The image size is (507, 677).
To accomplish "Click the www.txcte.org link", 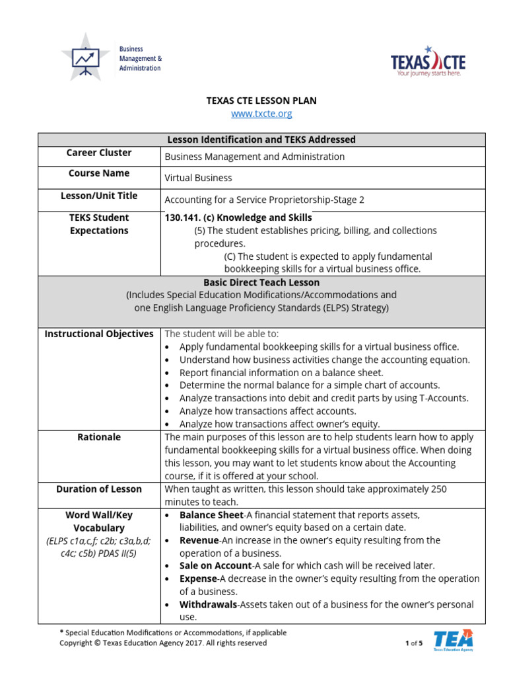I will click(x=261, y=114).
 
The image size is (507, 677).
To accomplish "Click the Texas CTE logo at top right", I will click(x=428, y=61).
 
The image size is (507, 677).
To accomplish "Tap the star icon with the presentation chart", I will click(x=85, y=58).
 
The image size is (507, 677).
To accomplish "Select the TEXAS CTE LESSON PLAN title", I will click(x=261, y=100).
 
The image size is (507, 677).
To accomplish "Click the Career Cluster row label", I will click(x=99, y=153).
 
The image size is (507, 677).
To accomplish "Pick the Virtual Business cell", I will click(x=198, y=178).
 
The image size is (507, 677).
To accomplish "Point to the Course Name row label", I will click(x=99, y=173).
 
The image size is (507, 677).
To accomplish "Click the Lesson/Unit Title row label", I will click(x=99, y=196).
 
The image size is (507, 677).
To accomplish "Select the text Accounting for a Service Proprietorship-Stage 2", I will click(x=264, y=200).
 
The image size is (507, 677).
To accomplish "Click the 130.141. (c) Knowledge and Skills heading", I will click(x=238, y=218).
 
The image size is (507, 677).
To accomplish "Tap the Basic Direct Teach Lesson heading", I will click(x=261, y=282).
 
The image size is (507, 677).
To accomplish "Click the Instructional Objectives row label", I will click(x=99, y=334).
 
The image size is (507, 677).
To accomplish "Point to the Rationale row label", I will click(x=99, y=437).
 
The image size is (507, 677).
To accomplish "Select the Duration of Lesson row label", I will click(x=99, y=489).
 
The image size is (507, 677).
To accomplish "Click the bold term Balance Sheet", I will click(x=211, y=515).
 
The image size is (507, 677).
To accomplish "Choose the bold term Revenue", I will click(x=200, y=540).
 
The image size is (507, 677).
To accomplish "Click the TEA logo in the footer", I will click(x=453, y=640).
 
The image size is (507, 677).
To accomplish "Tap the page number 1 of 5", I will click(x=413, y=643).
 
